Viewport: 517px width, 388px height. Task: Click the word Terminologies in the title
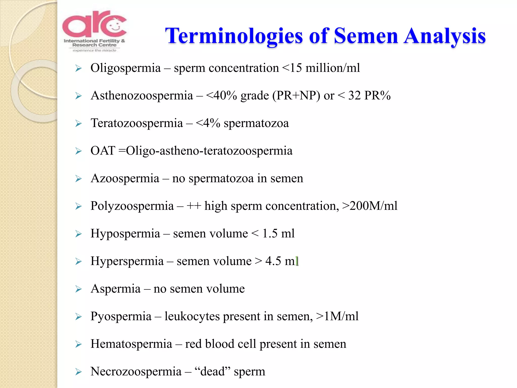(234, 36)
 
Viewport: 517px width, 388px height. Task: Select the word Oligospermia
(125, 68)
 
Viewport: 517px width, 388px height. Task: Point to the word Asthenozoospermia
(142, 96)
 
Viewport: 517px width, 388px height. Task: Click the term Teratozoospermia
(137, 123)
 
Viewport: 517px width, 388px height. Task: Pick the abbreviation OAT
(103, 151)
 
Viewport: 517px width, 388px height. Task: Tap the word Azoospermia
(125, 178)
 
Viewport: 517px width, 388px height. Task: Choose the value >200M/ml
(370, 206)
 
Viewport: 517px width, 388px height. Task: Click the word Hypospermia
(125, 234)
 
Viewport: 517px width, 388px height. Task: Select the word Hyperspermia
(127, 261)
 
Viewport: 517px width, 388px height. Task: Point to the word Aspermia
(115, 289)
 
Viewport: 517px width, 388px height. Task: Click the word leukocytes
(192, 316)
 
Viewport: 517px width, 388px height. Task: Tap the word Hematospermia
(131, 344)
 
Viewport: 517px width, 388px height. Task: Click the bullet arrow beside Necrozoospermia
(79, 372)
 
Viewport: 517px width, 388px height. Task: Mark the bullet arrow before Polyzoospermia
(79, 206)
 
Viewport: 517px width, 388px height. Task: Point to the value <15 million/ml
(321, 68)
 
